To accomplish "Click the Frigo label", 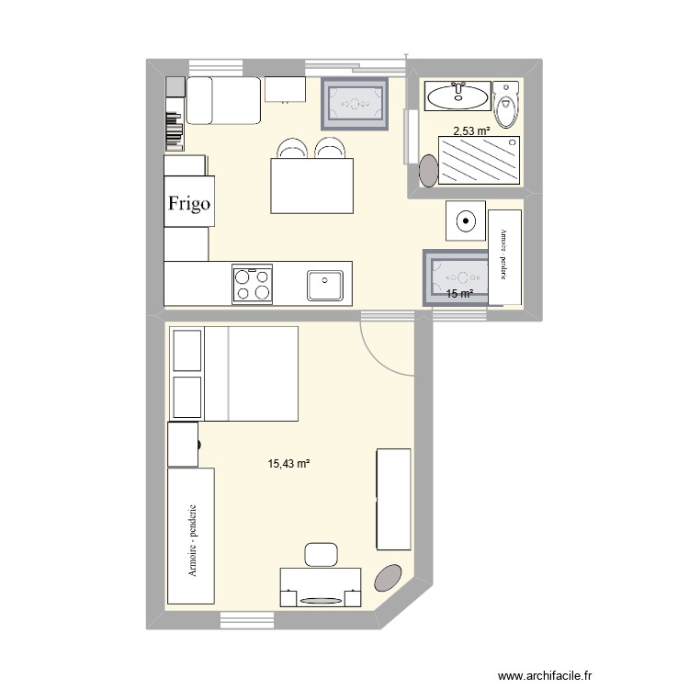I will (x=190, y=204).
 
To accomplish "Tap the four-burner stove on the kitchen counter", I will (x=253, y=284).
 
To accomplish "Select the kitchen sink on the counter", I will (x=325, y=285).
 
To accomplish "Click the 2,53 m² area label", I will (x=470, y=131).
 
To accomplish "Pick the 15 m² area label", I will (x=459, y=294).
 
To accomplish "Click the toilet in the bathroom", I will (x=505, y=106).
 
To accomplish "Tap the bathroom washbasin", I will (x=457, y=93).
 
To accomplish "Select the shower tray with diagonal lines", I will (x=480, y=162).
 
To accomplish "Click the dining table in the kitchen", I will (x=311, y=185).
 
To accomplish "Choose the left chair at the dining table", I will (x=291, y=149).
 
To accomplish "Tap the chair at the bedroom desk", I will (x=322, y=554).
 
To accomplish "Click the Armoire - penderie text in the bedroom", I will (x=192, y=538).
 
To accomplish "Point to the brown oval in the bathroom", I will (x=428, y=169).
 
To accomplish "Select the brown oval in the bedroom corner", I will (x=390, y=576).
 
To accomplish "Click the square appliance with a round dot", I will (x=467, y=220).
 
